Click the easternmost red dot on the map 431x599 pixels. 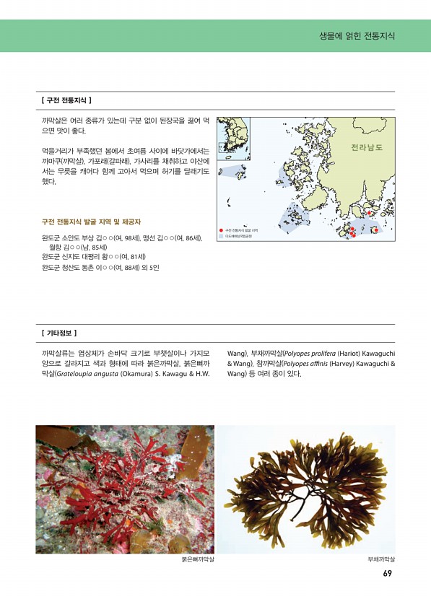click(375, 230)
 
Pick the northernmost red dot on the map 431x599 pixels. click(369, 213)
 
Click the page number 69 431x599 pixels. click(387, 574)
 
